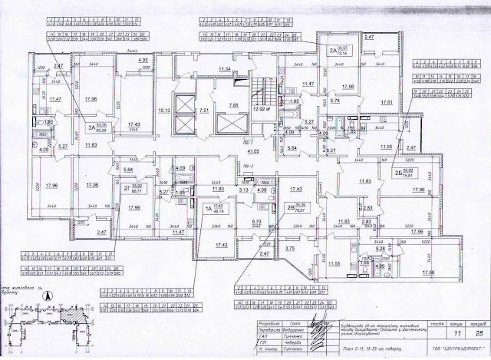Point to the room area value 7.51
point(205,111)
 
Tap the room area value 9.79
point(257,225)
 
